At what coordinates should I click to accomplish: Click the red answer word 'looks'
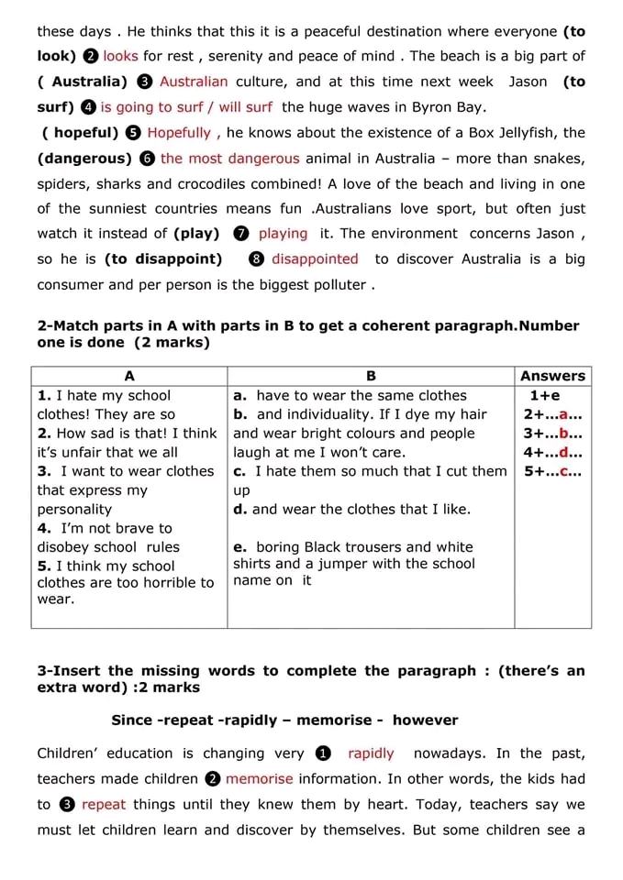(120, 56)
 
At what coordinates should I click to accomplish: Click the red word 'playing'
(283, 234)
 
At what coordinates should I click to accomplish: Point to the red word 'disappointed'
(315, 259)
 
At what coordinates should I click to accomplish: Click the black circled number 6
(150, 159)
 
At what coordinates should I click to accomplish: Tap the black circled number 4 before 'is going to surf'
(89, 107)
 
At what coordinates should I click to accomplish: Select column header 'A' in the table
(129, 376)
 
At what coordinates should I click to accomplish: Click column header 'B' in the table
(371, 376)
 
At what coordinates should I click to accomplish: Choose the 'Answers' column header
(552, 376)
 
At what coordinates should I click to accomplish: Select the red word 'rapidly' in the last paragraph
(371, 753)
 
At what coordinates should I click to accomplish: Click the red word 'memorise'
(260, 779)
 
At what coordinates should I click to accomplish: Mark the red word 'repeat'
(103, 805)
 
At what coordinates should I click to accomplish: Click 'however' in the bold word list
(425, 720)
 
